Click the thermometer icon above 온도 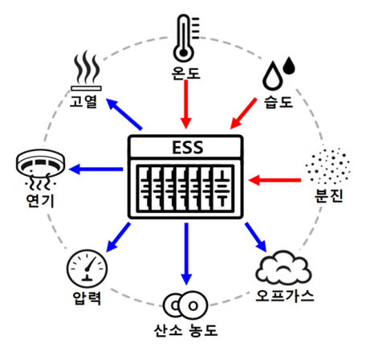pos(185,39)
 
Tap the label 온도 pos(186,72)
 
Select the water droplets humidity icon pos(279,73)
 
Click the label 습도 pos(279,102)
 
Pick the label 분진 pos(329,196)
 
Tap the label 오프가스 pos(285,296)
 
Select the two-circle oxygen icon pos(185,305)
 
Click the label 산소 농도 pos(185,330)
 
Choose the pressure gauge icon pos(87,268)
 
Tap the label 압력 pos(87,298)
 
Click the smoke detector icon pos(40,169)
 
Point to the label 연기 pos(40,201)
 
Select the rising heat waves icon pos(86,71)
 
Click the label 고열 pos(83,102)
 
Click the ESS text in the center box pos(188,147)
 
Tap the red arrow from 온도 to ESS pos(186,104)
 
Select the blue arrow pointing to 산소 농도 pos(186,254)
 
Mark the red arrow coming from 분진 pos(274,180)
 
